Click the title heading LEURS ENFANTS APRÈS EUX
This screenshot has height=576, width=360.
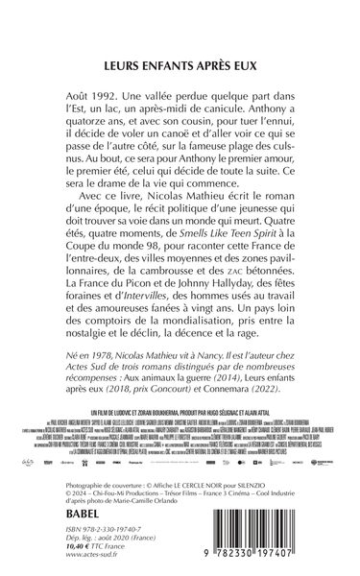(x=180, y=67)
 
